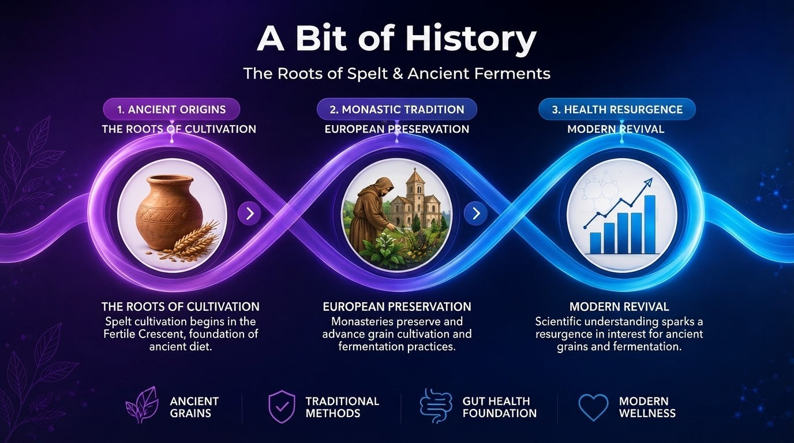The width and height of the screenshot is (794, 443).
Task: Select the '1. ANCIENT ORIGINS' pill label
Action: point(171,110)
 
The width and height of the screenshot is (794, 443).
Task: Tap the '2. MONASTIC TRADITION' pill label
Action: point(397,110)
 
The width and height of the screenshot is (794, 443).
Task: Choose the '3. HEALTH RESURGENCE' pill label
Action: point(617,110)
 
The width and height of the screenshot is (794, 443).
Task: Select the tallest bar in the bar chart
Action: point(649,225)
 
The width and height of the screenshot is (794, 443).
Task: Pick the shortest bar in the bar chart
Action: point(595,243)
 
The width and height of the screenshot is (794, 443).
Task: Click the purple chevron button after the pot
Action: point(249,213)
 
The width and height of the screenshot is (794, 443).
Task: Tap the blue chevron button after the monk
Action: point(475,213)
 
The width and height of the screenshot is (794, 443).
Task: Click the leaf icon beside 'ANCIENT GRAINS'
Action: point(142,405)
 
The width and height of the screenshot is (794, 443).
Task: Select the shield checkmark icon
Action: point(282,407)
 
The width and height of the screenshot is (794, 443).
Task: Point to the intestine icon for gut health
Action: point(436,406)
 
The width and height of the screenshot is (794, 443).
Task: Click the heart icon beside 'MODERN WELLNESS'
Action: point(593,407)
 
